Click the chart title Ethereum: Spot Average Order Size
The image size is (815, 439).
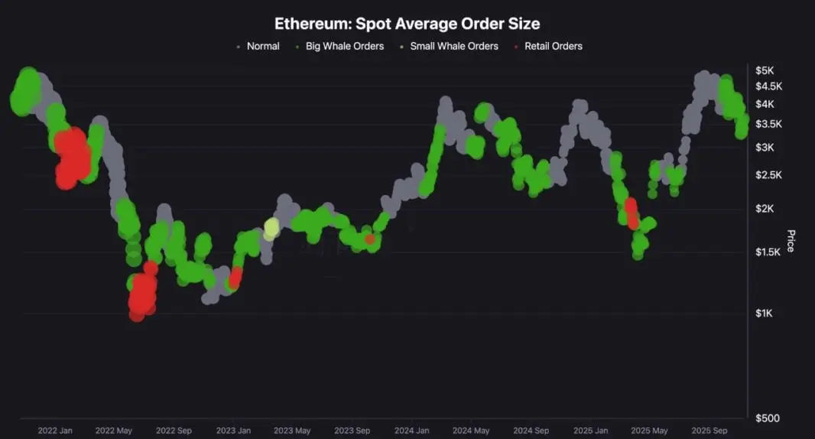(407, 24)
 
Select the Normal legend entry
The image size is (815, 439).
(262, 46)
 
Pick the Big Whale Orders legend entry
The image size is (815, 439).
(344, 46)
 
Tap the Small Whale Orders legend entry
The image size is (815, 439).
(453, 46)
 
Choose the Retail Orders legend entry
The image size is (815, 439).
(553, 46)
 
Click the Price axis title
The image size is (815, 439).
(791, 240)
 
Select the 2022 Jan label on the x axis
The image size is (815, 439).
(55, 431)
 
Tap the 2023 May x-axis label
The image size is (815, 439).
(292, 431)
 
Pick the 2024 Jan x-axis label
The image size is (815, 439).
(412, 431)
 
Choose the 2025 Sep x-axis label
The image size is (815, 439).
(710, 431)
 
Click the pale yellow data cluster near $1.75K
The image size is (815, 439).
(271, 228)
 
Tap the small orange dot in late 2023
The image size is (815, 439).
(370, 239)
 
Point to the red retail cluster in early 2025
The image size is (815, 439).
(632, 213)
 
